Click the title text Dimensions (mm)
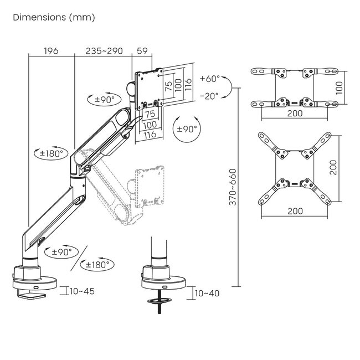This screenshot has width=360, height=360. [54, 18]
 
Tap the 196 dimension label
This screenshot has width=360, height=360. [51, 51]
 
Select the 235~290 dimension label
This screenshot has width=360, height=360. [104, 51]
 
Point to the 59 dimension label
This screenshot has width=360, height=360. [142, 51]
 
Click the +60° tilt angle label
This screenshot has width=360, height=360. [210, 79]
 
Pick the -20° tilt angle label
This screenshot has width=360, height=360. [209, 96]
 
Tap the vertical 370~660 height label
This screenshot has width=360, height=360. [233, 187]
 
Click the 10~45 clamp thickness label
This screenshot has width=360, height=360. [82, 291]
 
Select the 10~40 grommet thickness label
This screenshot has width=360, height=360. [207, 293]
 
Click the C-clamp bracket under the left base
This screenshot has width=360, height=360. [31, 294]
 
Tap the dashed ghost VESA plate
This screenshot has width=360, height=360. [150, 187]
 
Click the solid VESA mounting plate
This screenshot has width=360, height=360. [149, 89]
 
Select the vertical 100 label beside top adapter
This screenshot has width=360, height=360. [339, 88]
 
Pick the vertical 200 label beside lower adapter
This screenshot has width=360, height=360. [333, 168]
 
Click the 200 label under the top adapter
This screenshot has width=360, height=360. [295, 113]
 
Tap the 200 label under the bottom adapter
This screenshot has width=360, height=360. [295, 211]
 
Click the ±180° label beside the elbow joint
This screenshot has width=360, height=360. [51, 153]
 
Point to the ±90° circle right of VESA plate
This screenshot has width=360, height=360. [187, 129]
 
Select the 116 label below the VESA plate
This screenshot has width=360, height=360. [150, 135]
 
